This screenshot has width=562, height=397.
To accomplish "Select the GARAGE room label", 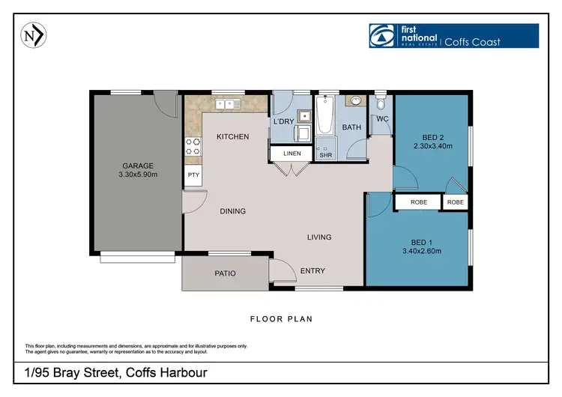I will pyautogui.click(x=138, y=166).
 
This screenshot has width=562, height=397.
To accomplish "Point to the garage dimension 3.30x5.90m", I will pyautogui.click(x=138, y=175).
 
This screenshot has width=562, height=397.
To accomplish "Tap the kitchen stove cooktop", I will pyautogui.click(x=192, y=146).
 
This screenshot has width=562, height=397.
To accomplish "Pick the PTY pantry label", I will pyautogui.click(x=193, y=176).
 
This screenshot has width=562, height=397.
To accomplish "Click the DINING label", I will pyautogui.click(x=233, y=211).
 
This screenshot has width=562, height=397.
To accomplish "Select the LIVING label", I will pyautogui.click(x=319, y=237).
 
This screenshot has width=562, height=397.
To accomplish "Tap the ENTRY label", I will pyautogui.click(x=312, y=270).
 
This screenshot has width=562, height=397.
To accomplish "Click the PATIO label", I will pyautogui.click(x=225, y=273).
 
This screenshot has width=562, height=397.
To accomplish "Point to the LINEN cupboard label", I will pyautogui.click(x=292, y=154).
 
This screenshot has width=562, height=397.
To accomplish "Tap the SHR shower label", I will pyautogui.click(x=325, y=156).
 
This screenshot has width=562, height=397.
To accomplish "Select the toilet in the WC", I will pyautogui.click(x=381, y=103).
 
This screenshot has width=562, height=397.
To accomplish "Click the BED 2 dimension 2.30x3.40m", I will pyautogui.click(x=432, y=147).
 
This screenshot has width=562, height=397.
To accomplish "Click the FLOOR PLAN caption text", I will pyautogui.click(x=281, y=319).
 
